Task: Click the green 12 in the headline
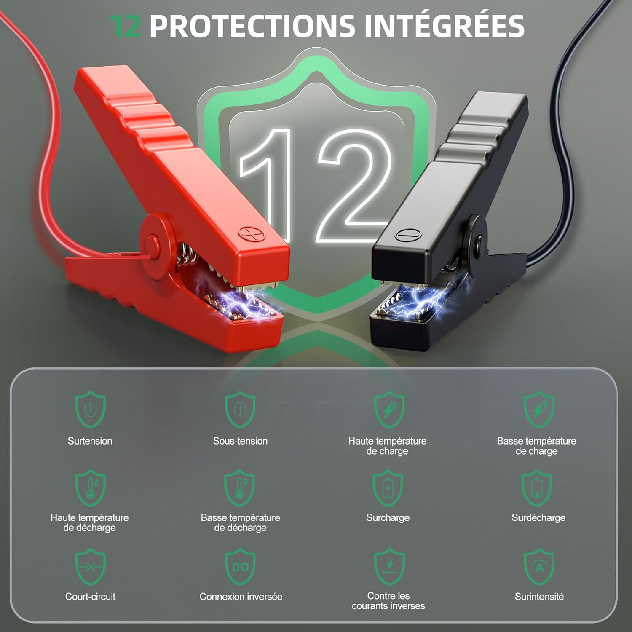click(x=125, y=26)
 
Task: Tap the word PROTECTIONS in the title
click(x=252, y=26)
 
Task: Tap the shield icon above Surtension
click(x=90, y=410)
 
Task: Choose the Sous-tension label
click(x=240, y=441)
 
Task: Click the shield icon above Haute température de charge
click(x=390, y=410)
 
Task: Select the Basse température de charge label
click(x=537, y=446)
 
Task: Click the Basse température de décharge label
click(x=240, y=522)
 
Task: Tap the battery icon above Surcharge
click(x=388, y=488)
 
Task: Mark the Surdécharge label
click(x=538, y=518)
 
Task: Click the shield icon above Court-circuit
click(x=90, y=567)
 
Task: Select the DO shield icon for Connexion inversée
click(x=241, y=567)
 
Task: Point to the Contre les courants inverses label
click(x=388, y=601)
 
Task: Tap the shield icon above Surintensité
click(x=539, y=567)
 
